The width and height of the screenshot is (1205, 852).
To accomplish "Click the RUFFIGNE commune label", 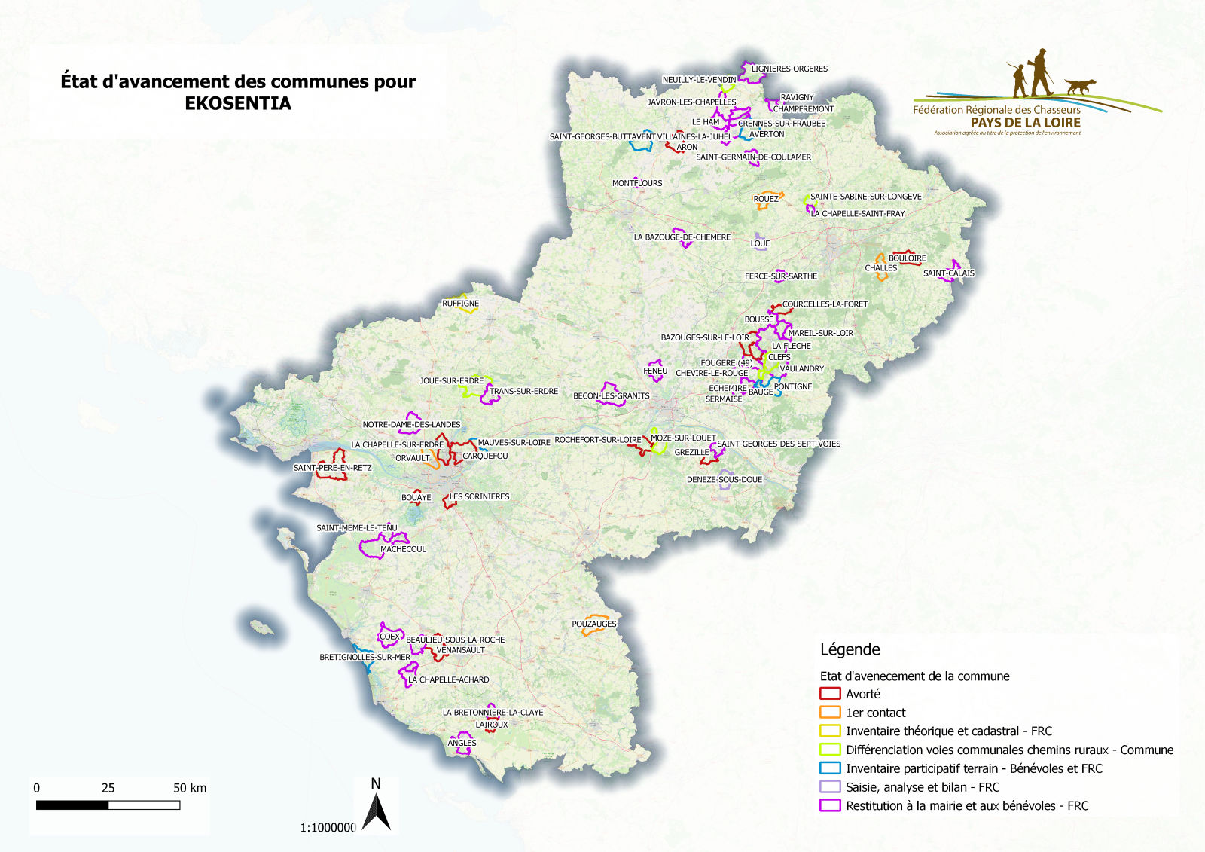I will (x=460, y=304).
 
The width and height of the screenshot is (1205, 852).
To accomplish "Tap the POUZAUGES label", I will (x=593, y=624).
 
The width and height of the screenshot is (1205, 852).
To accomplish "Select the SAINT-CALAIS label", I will (x=948, y=273).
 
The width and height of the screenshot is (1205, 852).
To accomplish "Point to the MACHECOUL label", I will (x=403, y=549).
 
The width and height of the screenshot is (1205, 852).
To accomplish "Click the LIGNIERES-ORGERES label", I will (x=789, y=69).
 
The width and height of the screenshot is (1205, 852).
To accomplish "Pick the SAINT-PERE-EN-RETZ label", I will (x=332, y=468).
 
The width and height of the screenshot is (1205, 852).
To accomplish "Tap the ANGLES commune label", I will (x=462, y=743).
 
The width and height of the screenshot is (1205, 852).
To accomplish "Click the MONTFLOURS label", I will (x=637, y=183).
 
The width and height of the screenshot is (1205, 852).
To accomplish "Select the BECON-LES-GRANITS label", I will (x=611, y=395).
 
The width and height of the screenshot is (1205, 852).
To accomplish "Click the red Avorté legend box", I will (x=830, y=694).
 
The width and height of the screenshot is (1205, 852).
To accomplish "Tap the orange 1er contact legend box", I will (x=830, y=713).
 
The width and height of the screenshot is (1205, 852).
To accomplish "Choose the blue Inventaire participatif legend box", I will (x=830, y=768).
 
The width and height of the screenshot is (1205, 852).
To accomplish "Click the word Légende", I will (x=850, y=649).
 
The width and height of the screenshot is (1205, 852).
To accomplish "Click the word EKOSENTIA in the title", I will (x=238, y=104).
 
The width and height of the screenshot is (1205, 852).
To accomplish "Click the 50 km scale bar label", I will (x=190, y=788).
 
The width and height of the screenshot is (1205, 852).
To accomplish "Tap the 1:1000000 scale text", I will (x=328, y=828).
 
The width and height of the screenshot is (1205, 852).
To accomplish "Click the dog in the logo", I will (x=1080, y=86).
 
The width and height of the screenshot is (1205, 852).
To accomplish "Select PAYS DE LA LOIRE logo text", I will (x=1025, y=123).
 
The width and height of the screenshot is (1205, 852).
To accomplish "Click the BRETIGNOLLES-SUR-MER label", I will (x=365, y=657).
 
